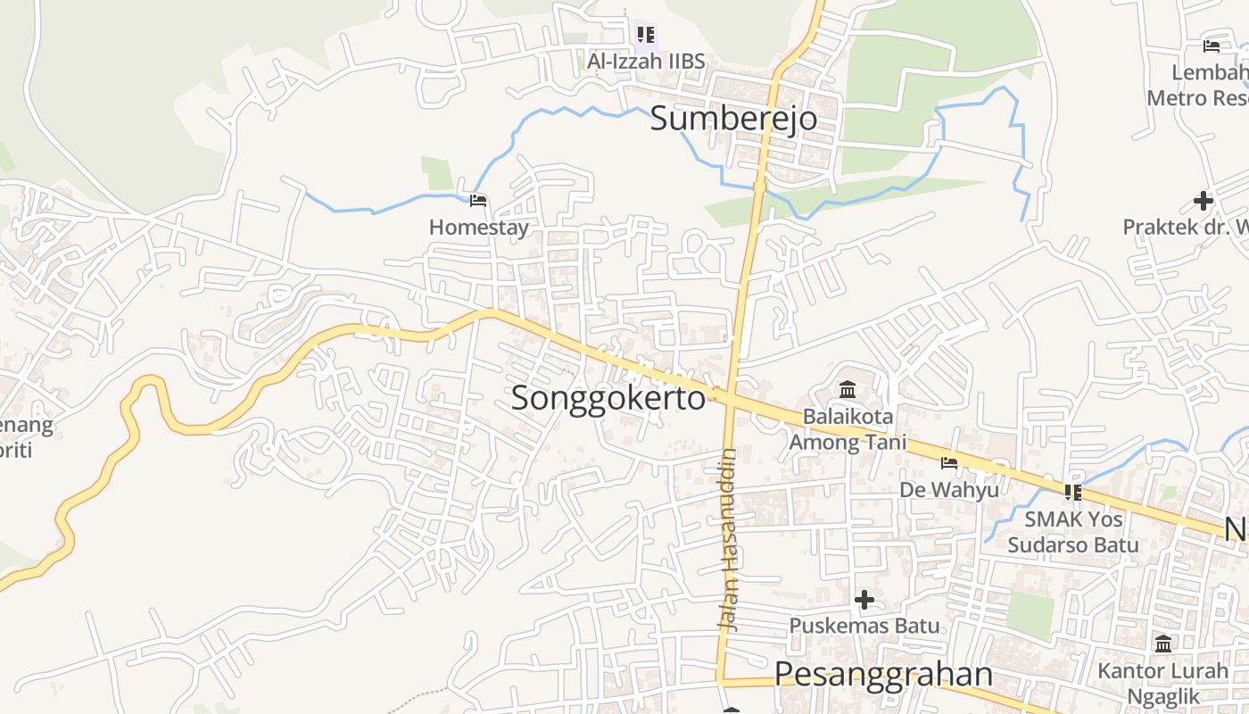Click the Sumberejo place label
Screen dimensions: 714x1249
click(x=732, y=118)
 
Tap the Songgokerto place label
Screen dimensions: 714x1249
click(x=608, y=398)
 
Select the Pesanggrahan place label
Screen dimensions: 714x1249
click(x=883, y=674)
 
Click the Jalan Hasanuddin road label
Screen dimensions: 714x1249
click(x=729, y=540)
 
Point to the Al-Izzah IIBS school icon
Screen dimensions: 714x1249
click(x=646, y=35)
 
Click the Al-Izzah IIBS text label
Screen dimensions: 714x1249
click(x=646, y=62)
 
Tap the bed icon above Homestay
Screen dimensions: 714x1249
click(x=478, y=201)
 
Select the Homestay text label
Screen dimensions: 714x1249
click(x=478, y=228)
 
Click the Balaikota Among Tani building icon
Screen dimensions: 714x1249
click(x=848, y=390)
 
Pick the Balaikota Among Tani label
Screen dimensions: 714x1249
click(x=848, y=429)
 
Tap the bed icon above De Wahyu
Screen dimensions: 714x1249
click(x=949, y=463)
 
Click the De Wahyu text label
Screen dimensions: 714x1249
click(x=949, y=490)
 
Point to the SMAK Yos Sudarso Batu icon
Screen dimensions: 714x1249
click(x=1072, y=492)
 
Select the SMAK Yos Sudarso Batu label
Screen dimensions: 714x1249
click(x=1072, y=532)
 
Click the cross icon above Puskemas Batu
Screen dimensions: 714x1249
click(x=864, y=600)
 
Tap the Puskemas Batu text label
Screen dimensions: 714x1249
click(x=864, y=627)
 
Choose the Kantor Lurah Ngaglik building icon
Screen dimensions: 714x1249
click(x=1163, y=643)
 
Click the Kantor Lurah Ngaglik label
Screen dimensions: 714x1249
click(x=1163, y=683)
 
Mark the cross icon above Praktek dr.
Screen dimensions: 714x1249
click(x=1203, y=201)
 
